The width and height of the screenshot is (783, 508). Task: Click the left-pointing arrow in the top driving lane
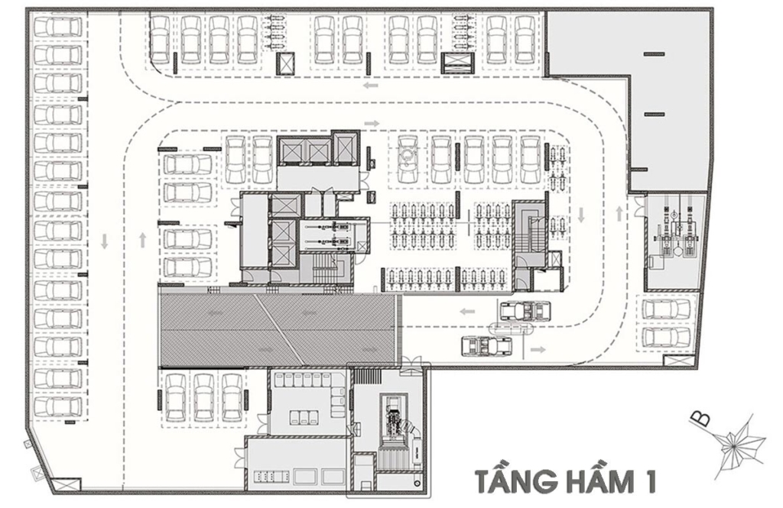[371, 86]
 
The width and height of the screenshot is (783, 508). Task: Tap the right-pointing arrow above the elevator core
[372, 123]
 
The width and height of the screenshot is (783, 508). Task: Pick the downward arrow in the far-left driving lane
[104, 241]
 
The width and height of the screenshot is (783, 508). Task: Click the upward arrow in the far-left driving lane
[143, 241]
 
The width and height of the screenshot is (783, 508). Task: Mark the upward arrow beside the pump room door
[619, 214]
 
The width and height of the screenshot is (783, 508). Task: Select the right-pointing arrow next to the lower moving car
[538, 349]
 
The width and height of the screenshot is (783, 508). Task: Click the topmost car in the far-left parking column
[58, 27]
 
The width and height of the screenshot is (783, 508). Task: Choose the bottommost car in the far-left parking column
[58, 406]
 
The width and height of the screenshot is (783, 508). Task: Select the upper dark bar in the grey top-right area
[655, 53]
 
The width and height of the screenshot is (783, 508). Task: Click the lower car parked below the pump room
[667, 338]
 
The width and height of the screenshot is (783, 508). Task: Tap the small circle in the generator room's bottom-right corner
[417, 484]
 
